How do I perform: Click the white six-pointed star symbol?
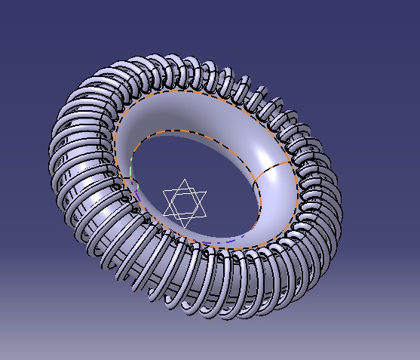184,202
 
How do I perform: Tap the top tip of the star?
185,180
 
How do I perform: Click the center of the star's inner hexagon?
184,203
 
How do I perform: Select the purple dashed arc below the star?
226,243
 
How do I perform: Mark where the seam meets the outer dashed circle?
291,160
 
